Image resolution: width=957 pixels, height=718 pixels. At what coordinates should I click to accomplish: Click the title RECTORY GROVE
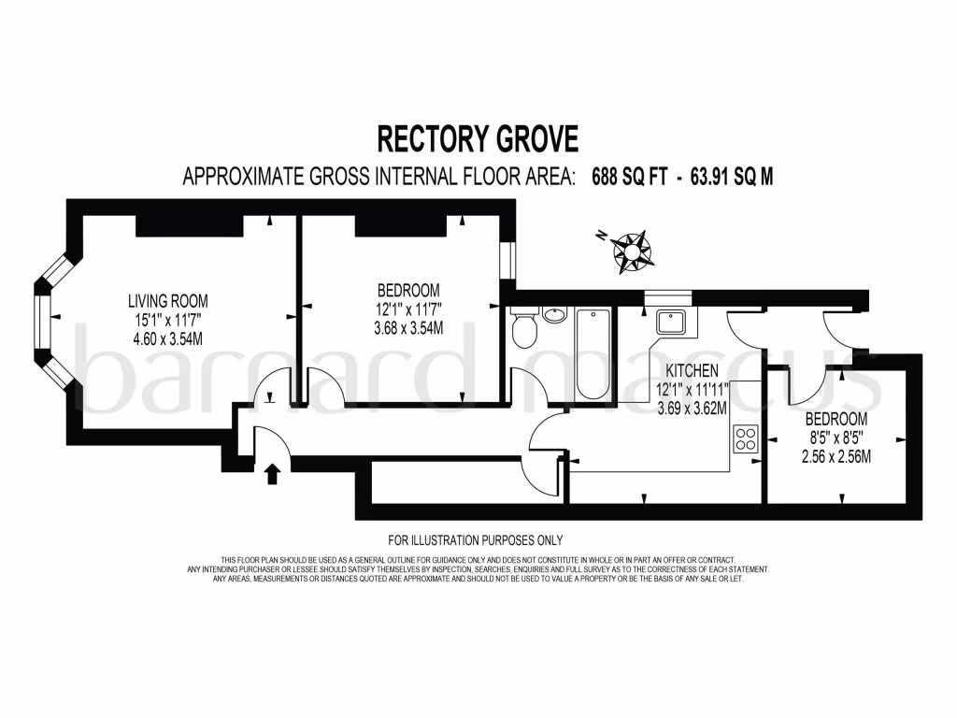(x=478, y=138)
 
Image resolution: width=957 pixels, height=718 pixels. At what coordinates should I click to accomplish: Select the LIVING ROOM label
(x=168, y=301)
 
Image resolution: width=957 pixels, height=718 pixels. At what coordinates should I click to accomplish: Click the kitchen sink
(x=672, y=323)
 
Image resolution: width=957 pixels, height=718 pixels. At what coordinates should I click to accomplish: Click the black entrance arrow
(x=273, y=474)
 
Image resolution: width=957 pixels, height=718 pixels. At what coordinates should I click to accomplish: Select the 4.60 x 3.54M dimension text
(x=168, y=337)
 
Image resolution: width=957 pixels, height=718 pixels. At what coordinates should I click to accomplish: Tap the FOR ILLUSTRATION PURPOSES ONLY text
(x=476, y=539)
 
